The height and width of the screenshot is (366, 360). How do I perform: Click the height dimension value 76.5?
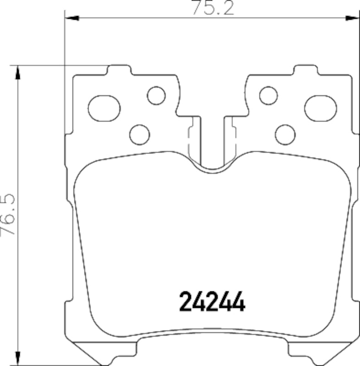tap(9, 215)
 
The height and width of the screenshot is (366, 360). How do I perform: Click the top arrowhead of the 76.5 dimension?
tap(17, 71)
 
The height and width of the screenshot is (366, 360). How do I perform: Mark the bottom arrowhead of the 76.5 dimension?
tap(17, 359)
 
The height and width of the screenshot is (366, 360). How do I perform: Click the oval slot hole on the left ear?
tap(104, 108)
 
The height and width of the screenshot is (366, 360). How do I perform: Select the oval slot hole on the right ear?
tap(321, 108)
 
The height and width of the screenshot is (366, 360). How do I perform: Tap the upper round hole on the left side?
tap(156, 95)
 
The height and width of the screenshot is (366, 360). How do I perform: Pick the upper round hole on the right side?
tap(268, 95)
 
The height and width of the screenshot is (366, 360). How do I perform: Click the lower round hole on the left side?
tap(140, 134)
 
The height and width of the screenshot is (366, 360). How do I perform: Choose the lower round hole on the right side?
tap(285, 134)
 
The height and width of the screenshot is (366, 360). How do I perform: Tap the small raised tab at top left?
tap(119, 70)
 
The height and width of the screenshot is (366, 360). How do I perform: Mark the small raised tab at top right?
tap(305, 70)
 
